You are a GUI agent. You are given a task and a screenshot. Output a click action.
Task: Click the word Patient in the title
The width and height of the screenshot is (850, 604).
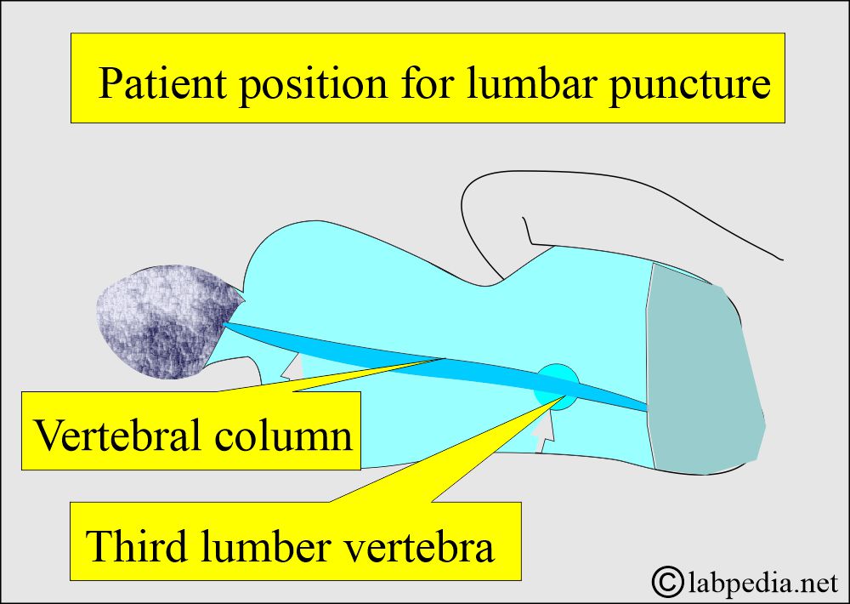pos(161,83)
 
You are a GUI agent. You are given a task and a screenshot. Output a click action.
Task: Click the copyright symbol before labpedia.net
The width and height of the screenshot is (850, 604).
pos(667,581)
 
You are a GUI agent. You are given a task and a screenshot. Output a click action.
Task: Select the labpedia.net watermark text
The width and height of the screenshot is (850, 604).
pos(764,584)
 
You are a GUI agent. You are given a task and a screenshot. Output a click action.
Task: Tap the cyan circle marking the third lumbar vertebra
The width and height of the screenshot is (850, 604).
pos(557,386)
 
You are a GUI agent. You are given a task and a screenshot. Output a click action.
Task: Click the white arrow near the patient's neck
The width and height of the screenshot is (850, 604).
pos(292,367)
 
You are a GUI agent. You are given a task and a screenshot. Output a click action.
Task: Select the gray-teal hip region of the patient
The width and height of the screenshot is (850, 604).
pos(705,368)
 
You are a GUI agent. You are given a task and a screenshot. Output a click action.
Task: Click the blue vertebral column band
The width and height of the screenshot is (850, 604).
pos(436,366)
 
